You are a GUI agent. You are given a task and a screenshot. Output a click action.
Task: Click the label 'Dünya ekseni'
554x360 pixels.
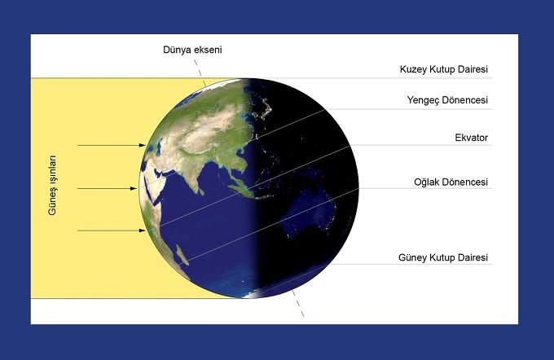coord(192,50)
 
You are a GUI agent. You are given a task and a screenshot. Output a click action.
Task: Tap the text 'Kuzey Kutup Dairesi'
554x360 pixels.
coord(444,69)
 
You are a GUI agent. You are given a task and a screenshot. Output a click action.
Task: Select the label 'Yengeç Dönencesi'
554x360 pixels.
coord(447,100)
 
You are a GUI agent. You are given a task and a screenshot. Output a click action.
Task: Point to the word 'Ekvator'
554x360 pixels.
coord(472,138)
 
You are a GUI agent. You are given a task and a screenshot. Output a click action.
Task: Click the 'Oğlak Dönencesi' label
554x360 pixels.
coord(451,182)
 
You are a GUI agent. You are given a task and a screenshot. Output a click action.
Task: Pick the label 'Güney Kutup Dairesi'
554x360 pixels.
coord(443,257)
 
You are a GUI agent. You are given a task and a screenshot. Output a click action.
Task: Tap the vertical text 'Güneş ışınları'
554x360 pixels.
coord(52,185)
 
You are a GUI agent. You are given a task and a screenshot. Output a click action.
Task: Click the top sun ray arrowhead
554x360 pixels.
coord(142,145)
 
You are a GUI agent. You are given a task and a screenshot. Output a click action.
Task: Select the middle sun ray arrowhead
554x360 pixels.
coord(134,189)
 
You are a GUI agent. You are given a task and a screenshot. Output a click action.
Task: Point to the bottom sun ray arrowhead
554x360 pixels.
coord(142,230)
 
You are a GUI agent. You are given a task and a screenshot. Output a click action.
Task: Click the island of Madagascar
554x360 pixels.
coord(180,255)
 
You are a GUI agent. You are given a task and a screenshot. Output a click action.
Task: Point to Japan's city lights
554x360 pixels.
coord(264,108)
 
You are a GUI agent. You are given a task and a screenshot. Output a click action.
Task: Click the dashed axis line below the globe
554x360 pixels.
coord(297,303)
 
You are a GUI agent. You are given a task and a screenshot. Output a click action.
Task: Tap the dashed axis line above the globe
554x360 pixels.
coord(200,72)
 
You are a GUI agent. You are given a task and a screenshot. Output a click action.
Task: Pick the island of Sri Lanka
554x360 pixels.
coord(201,192)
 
